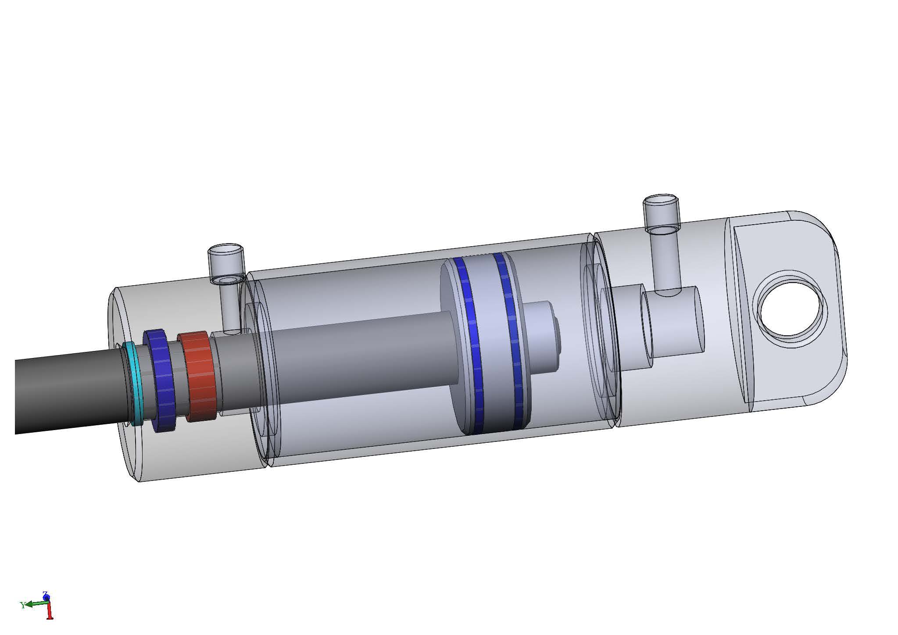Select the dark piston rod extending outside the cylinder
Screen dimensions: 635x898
point(66,395)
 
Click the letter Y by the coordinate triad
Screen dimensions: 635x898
point(22,606)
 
